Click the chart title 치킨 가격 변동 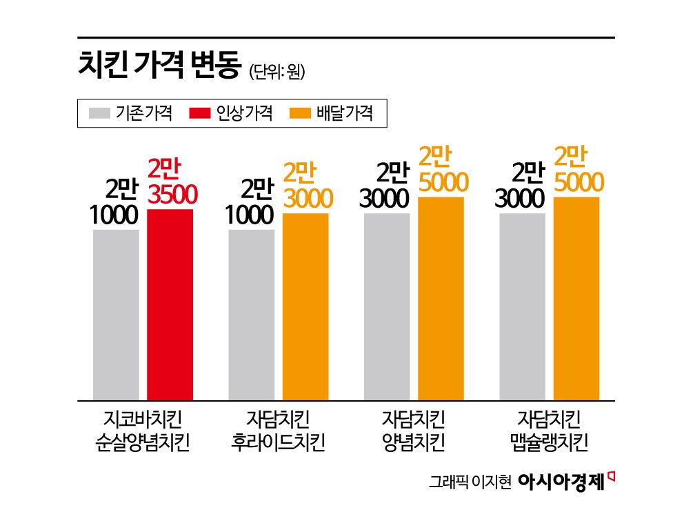click(x=159, y=68)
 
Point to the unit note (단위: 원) click(x=276, y=71)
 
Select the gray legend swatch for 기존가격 click(x=100, y=113)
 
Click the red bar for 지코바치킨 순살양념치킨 click(x=170, y=304)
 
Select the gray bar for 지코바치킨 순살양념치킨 click(x=116, y=314)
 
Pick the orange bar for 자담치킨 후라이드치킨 click(x=305, y=306)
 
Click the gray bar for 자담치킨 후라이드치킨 click(x=251, y=314)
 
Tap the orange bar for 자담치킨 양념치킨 click(x=441, y=298)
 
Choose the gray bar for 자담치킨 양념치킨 click(x=387, y=306)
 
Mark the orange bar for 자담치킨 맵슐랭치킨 click(x=576, y=298)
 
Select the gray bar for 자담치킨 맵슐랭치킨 click(x=522, y=306)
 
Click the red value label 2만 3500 click(x=173, y=182)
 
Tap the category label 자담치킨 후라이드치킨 click(x=278, y=430)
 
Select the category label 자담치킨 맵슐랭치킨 click(x=549, y=430)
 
